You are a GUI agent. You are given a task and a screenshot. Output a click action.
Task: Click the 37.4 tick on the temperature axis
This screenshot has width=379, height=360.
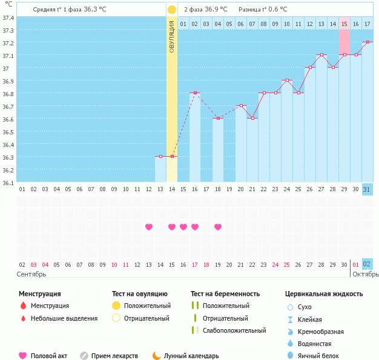pyautogui.click(x=8, y=18)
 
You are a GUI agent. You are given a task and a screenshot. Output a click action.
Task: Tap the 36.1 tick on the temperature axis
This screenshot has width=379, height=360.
pyautogui.click(x=8, y=182)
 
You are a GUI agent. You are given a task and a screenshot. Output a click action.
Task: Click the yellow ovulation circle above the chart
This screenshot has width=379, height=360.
pyautogui.click(x=172, y=10)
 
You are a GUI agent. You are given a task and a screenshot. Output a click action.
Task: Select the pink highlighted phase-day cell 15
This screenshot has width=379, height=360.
pyautogui.click(x=344, y=24)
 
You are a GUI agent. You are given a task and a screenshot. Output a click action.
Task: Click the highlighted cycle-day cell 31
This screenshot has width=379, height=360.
pyautogui.click(x=367, y=189)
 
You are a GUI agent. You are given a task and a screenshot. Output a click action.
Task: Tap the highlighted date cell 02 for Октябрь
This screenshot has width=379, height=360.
pyautogui.click(x=367, y=264)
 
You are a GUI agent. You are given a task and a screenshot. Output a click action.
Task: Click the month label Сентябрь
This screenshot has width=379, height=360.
pyautogui.click(x=31, y=274)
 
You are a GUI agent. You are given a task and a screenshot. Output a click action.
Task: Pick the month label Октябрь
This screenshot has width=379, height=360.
pyautogui.click(x=365, y=274)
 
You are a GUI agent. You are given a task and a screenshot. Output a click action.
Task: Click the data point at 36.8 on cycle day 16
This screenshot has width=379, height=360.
pyautogui.click(x=195, y=93)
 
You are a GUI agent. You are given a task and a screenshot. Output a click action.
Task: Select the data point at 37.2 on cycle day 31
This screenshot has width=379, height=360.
pyautogui.click(x=367, y=42)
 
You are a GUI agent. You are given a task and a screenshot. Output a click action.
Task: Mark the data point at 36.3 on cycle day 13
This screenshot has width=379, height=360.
pyautogui.click(x=160, y=157)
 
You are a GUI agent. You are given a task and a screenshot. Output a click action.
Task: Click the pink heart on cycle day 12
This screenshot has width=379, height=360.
pyautogui.click(x=149, y=227)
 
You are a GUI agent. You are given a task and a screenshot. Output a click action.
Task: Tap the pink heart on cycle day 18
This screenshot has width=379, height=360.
pyautogui.click(x=218, y=227)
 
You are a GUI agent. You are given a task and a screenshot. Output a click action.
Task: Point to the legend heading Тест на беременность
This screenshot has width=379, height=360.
pyautogui.click(x=225, y=293)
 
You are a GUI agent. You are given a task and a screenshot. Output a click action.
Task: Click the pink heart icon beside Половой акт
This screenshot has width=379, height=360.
pyautogui.click(x=23, y=356)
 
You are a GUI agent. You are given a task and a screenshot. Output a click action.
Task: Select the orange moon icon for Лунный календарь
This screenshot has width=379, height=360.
pyautogui.click(x=157, y=356)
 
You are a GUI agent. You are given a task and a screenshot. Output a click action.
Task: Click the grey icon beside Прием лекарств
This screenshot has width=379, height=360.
pyautogui.click(x=84, y=356)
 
